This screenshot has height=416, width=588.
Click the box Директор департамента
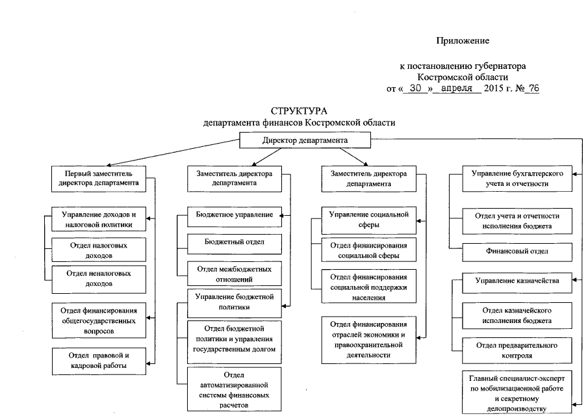305,140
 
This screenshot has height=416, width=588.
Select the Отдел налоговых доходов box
99,251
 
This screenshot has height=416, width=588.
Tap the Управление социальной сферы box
368,220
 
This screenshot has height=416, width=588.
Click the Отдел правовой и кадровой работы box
99,361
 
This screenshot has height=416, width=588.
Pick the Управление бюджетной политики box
235,302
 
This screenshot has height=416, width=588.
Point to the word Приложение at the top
462,41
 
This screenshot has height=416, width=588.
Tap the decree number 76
535,88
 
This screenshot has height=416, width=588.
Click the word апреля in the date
458,88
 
